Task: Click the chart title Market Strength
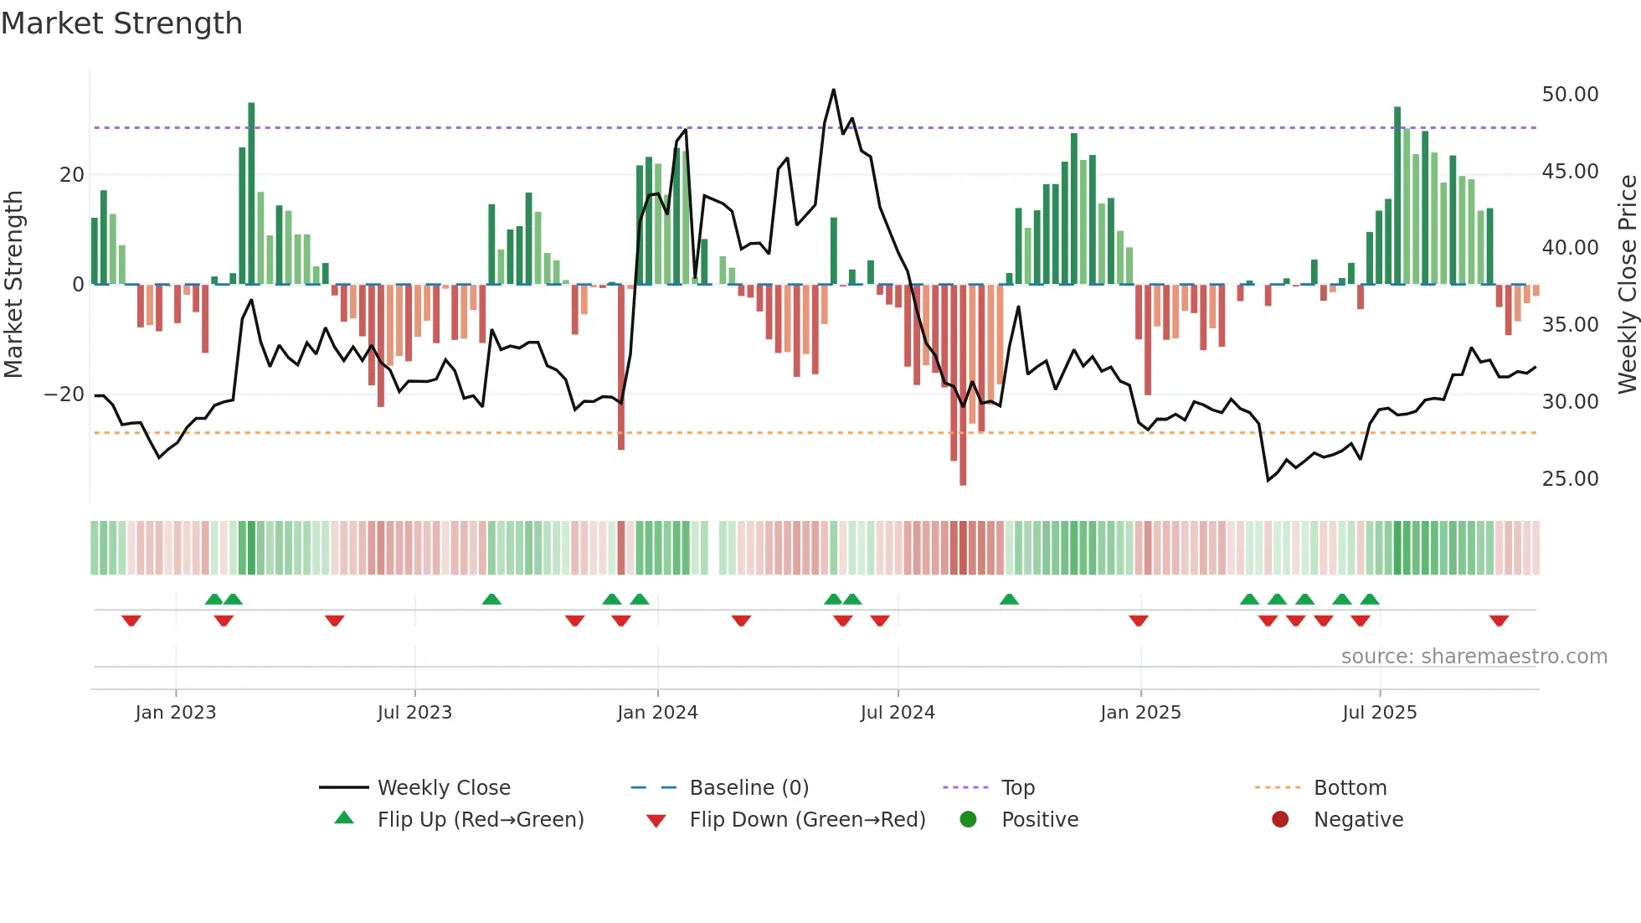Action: click(121, 23)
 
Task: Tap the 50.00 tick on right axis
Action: click(1570, 95)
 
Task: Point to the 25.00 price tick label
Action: click(1570, 479)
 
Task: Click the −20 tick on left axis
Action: click(64, 394)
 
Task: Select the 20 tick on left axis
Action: click(72, 175)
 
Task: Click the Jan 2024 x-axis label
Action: click(657, 713)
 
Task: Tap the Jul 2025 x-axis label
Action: click(1379, 713)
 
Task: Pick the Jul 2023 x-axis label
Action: click(414, 713)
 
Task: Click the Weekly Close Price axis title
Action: click(1627, 285)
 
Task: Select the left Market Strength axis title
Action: click(14, 285)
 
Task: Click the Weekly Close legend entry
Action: click(443, 788)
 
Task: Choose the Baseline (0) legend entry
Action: click(748, 788)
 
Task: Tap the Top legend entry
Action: click(1017, 788)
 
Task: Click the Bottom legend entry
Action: click(1350, 788)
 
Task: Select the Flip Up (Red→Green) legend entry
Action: click(480, 820)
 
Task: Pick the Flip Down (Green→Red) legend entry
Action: click(807, 820)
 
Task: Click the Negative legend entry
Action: click(1357, 820)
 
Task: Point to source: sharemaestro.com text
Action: click(1474, 657)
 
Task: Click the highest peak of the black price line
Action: click(833, 90)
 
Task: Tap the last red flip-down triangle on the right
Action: click(1499, 621)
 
